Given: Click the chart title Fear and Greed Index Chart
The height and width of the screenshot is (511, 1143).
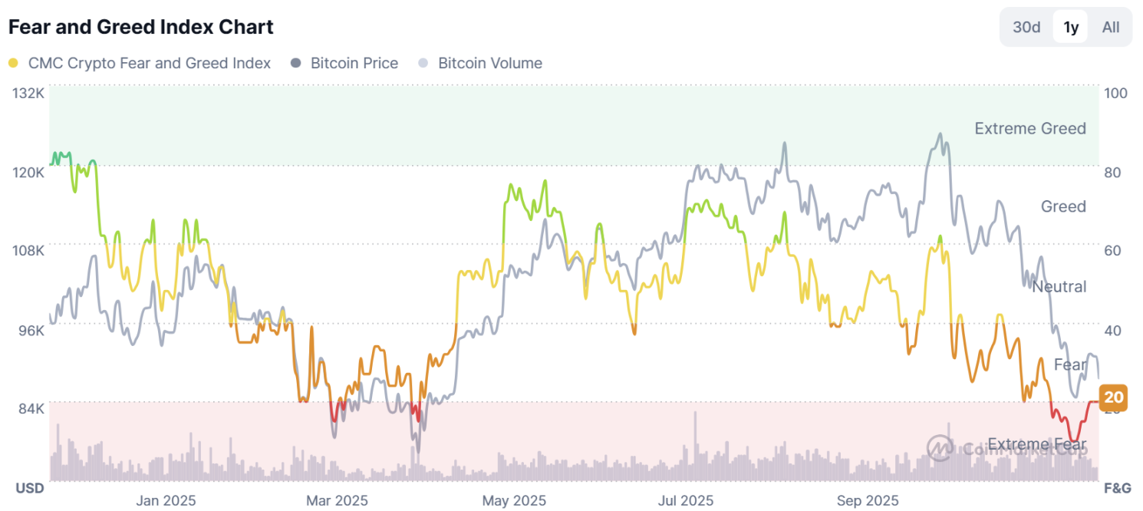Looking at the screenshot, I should tap(140, 27).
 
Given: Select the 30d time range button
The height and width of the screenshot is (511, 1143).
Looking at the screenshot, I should tap(1026, 28).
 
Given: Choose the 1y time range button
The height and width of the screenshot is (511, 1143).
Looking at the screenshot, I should tap(1071, 28).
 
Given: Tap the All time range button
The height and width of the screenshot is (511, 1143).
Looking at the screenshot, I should tap(1111, 28).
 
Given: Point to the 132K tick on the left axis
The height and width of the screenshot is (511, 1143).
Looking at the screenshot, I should tap(29, 93).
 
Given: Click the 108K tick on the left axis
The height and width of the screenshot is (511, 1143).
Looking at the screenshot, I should tap(29, 250).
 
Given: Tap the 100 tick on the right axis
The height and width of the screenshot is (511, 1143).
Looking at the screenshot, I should tap(1115, 93).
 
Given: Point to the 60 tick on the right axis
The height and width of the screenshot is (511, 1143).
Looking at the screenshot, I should tap(1112, 250).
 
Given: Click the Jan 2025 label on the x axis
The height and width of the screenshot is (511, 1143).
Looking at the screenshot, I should tap(166, 501).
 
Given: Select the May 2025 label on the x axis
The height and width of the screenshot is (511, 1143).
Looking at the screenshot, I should tap(514, 501).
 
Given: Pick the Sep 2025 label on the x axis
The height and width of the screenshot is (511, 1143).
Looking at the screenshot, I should tap(868, 501).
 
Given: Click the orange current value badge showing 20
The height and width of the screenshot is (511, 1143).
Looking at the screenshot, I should tap(1113, 397).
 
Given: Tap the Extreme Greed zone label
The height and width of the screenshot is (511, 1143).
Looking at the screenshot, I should tap(1029, 128).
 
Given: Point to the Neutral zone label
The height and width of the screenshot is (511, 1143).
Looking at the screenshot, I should tap(1059, 287).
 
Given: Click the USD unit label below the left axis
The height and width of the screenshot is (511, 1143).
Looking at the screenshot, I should tap(30, 488).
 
